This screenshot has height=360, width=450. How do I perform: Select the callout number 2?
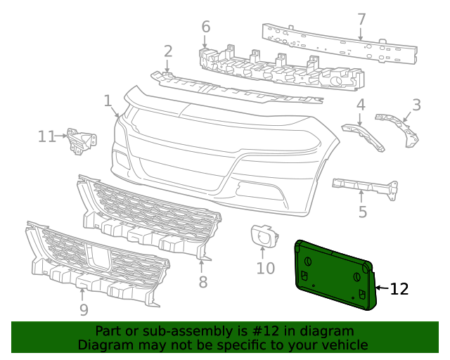pyautogui.click(x=168, y=51)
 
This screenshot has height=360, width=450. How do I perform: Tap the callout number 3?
pyautogui.click(x=416, y=105)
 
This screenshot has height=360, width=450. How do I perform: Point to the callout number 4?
pyautogui.click(x=361, y=105)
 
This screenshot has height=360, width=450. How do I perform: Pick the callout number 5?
pyautogui.click(x=362, y=210)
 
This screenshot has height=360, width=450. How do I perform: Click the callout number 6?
pyautogui.click(x=205, y=27)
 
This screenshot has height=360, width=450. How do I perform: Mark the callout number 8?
pyautogui.click(x=202, y=282)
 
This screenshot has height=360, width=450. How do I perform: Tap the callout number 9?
pyautogui.click(x=84, y=309)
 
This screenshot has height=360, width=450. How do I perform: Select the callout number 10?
pyautogui.click(x=265, y=268)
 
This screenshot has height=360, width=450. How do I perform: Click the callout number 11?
pyautogui.click(x=47, y=136)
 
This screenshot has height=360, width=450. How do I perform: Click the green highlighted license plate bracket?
pyautogui.click(x=334, y=274)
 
